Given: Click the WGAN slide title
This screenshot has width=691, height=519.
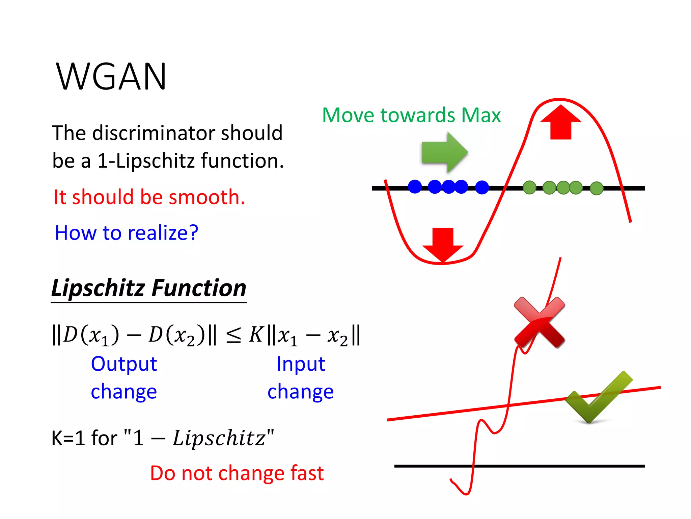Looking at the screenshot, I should coord(111,77).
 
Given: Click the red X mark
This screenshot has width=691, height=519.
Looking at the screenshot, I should coord(539,322).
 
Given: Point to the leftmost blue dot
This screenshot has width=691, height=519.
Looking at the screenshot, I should coord(415,187).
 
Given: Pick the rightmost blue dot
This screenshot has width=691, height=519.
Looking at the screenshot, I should coord(482,187).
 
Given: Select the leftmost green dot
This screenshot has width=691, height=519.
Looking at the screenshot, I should coord(529,187).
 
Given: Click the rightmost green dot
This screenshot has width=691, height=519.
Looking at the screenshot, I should coord(597,188).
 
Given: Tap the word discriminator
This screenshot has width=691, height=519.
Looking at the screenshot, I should coord(154,133).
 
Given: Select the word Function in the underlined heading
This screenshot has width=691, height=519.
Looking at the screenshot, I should coord(199,288).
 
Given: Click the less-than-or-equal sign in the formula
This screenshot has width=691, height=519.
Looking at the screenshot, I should coord(233,336).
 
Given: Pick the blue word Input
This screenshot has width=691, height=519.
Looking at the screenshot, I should coord(301,364).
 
